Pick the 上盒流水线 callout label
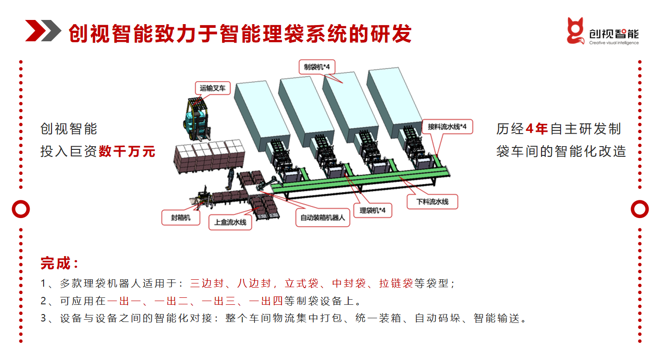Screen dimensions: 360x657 point(230,222)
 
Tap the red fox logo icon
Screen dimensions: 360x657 point(575,31)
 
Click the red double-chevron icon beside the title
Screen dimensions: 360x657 point(43,31)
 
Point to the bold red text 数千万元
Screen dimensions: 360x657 point(127,151)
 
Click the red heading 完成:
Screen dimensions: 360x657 point(59,264)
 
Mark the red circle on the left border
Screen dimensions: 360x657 point(20,209)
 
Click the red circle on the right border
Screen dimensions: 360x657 point(639,209)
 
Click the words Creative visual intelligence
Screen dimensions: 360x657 point(613,43)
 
